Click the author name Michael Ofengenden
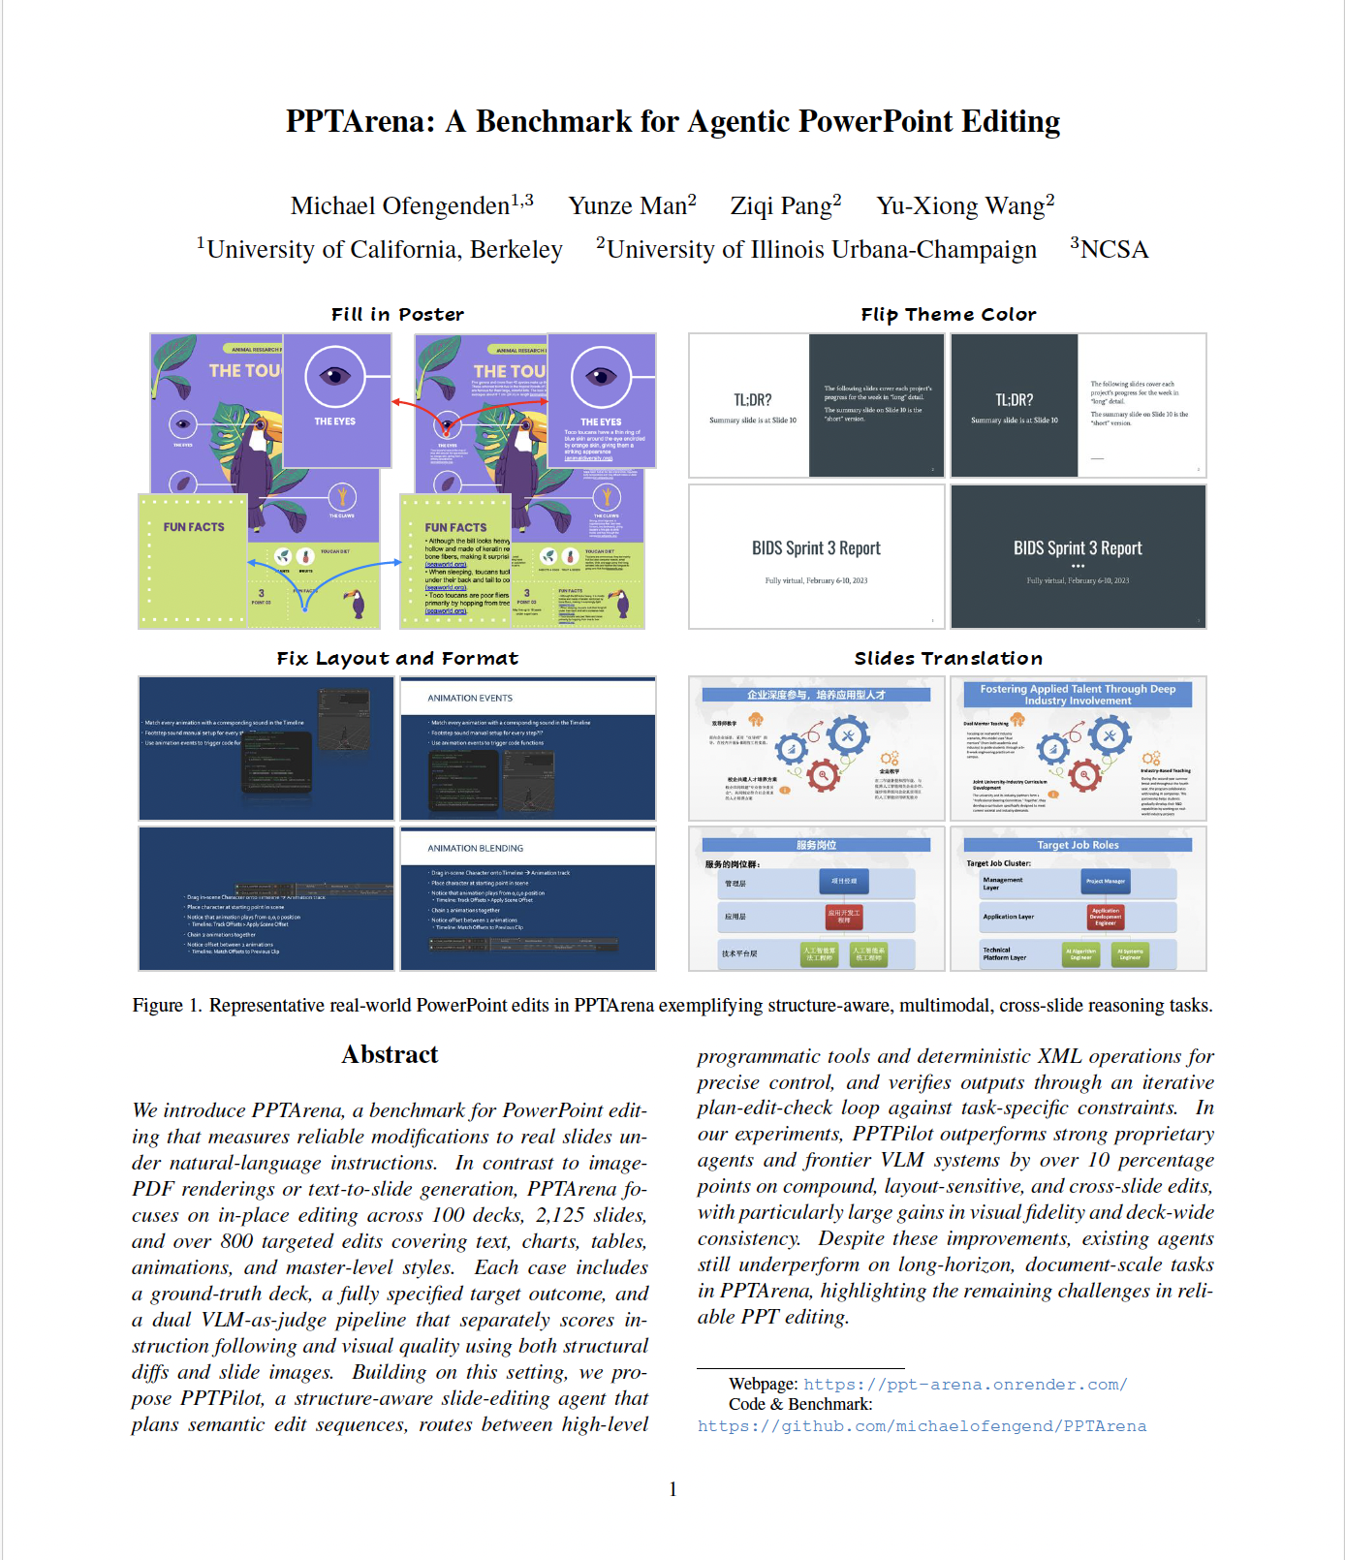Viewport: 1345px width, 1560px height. pyautogui.click(x=400, y=206)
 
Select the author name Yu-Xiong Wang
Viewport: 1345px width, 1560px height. pyautogui.click(x=960, y=206)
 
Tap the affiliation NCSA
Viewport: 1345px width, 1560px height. pyautogui.click(x=1113, y=250)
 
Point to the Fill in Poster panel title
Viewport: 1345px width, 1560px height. pyautogui.click(x=397, y=315)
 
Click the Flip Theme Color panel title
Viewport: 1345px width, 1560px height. pyautogui.click(x=948, y=315)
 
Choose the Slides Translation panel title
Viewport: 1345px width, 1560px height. pyautogui.click(x=948, y=659)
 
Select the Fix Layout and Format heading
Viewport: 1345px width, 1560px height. pyautogui.click(x=397, y=659)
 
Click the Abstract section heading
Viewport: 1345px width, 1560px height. pyautogui.click(x=390, y=1054)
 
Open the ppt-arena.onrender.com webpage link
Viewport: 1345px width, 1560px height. pyautogui.click(x=964, y=1385)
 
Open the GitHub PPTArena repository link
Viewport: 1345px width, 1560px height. pyautogui.click(x=922, y=1426)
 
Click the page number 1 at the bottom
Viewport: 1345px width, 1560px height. pyautogui.click(x=672, y=1489)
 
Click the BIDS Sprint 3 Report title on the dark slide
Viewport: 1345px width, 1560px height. pyautogui.click(x=1078, y=548)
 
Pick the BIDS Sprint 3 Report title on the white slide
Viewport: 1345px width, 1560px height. pyautogui.click(x=816, y=548)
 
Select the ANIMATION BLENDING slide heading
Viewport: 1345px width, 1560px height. pyautogui.click(x=476, y=848)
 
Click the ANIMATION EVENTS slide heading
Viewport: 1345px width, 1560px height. pyautogui.click(x=470, y=698)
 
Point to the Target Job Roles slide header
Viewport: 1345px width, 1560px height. pyautogui.click(x=1078, y=845)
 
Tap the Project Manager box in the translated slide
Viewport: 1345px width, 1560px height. pyautogui.click(x=1105, y=882)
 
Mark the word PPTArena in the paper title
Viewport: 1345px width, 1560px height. pyautogui.click(x=360, y=122)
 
